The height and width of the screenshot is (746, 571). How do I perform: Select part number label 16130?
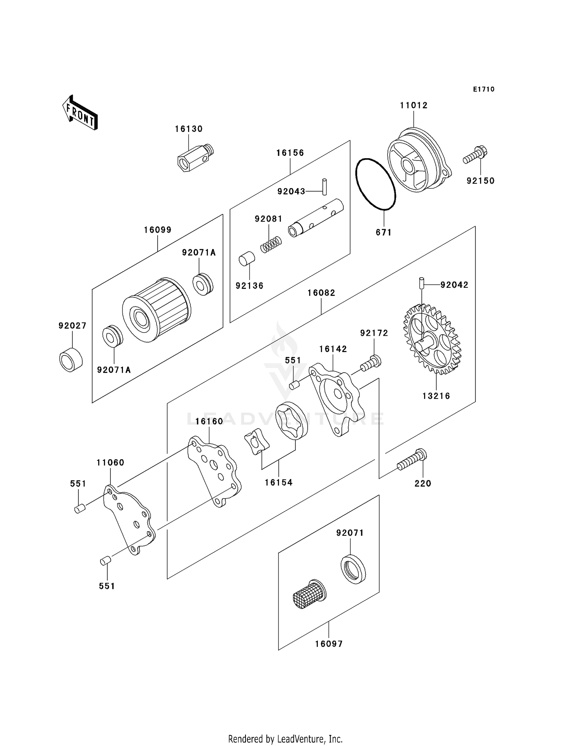(x=189, y=129)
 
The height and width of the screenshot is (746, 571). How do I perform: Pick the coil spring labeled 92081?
(x=271, y=244)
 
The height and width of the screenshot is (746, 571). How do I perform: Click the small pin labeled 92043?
(x=324, y=187)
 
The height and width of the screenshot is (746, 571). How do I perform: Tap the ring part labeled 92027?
(x=71, y=359)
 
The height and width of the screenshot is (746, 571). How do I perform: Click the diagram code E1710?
(x=484, y=89)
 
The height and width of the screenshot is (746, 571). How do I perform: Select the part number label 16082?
(x=322, y=293)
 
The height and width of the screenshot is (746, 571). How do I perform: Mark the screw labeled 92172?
(x=371, y=363)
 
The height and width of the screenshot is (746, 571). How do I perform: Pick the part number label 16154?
(x=279, y=483)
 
